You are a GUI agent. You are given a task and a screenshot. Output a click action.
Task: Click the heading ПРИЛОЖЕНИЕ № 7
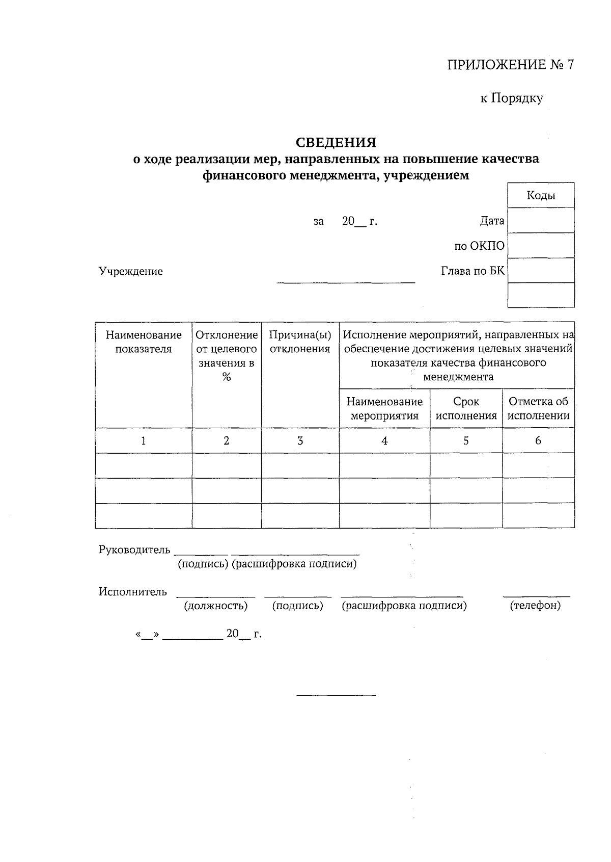[510, 65]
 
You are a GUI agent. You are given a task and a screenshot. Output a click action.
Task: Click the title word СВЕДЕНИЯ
[336, 142]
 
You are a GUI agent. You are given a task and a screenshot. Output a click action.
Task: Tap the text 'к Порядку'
[512, 98]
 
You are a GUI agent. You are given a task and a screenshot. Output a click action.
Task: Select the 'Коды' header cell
[541, 195]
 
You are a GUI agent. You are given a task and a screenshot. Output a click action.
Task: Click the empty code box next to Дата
[541, 220]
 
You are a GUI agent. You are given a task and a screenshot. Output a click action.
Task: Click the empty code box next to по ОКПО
[541, 245]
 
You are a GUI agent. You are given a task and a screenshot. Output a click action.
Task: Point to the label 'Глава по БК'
[473, 271]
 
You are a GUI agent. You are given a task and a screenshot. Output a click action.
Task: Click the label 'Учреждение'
[131, 271]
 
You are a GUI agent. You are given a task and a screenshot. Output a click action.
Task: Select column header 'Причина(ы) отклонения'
[300, 342]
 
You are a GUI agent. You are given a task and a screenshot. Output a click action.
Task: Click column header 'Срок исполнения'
[466, 408]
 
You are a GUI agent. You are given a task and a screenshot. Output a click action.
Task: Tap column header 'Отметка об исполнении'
[538, 408]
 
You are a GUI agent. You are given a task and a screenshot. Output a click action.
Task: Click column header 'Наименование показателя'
[144, 342]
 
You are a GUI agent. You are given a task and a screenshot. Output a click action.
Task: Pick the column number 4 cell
[384, 441]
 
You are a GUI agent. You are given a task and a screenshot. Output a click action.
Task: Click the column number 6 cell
[538, 441]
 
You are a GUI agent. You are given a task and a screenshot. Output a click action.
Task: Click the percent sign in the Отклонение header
[227, 377]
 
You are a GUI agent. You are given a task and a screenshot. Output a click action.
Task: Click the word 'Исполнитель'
[132, 591]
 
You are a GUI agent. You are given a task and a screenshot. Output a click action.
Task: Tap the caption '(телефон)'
[535, 606]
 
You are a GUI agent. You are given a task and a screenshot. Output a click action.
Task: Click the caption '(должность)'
[216, 606]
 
